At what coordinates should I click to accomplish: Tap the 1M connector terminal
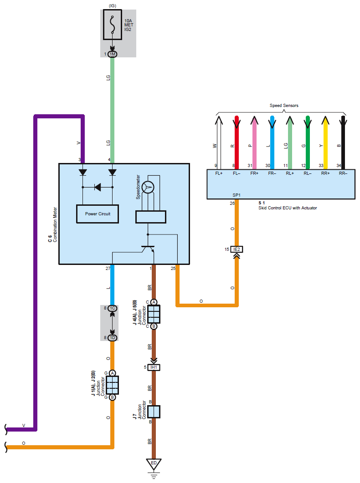click(112, 54)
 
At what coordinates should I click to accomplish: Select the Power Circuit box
click(98, 214)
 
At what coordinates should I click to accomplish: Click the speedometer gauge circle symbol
click(148, 187)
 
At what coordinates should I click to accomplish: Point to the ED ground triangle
click(154, 463)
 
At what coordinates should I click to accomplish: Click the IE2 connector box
click(236, 249)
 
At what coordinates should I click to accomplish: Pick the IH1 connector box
click(154, 367)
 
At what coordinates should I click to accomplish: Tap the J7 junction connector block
click(154, 412)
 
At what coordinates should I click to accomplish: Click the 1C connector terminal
click(112, 308)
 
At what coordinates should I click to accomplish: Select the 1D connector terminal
click(112, 337)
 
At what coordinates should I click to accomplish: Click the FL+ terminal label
click(219, 173)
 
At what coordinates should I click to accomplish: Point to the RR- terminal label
click(343, 173)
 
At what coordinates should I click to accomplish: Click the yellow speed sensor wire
click(325, 141)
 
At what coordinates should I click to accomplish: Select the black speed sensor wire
click(343, 141)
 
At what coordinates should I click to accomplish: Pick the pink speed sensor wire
click(254, 141)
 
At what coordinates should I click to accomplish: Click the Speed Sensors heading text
click(283, 106)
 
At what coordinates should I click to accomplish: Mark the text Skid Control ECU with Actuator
click(287, 208)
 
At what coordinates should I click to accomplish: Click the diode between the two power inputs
click(98, 187)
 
